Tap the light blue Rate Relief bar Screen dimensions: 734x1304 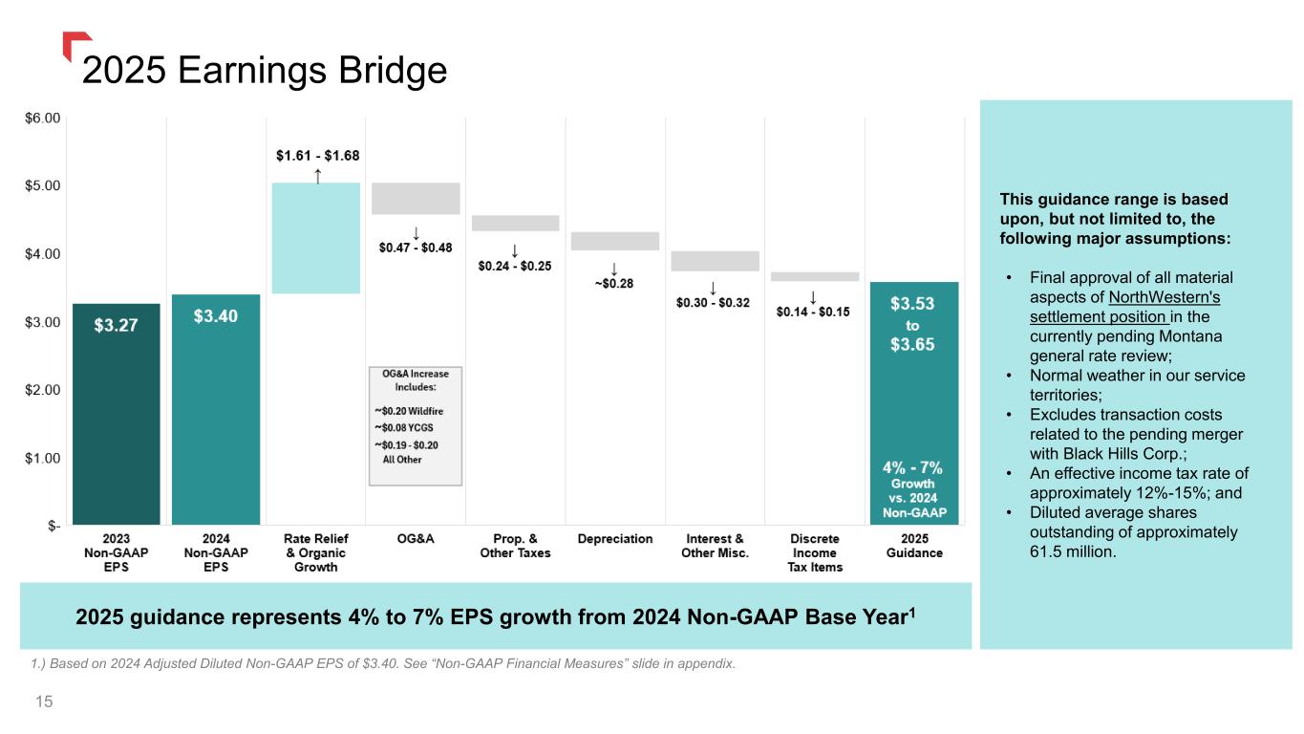[x=316, y=238]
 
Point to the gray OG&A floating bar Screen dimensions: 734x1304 [x=416, y=198]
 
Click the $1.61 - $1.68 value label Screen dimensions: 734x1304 [x=317, y=155]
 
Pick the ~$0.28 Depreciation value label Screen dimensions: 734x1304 [x=613, y=283]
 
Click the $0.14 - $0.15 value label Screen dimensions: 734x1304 [x=812, y=312]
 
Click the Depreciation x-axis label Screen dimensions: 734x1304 [x=615, y=539]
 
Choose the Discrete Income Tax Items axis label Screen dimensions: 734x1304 [x=815, y=552]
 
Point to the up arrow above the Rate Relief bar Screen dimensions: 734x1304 [x=317, y=175]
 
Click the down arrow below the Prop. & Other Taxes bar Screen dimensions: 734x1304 [x=515, y=251]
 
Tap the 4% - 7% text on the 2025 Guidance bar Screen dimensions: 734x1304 [x=911, y=468]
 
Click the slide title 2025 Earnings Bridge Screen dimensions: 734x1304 [x=265, y=70]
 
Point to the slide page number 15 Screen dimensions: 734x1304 [x=43, y=702]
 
